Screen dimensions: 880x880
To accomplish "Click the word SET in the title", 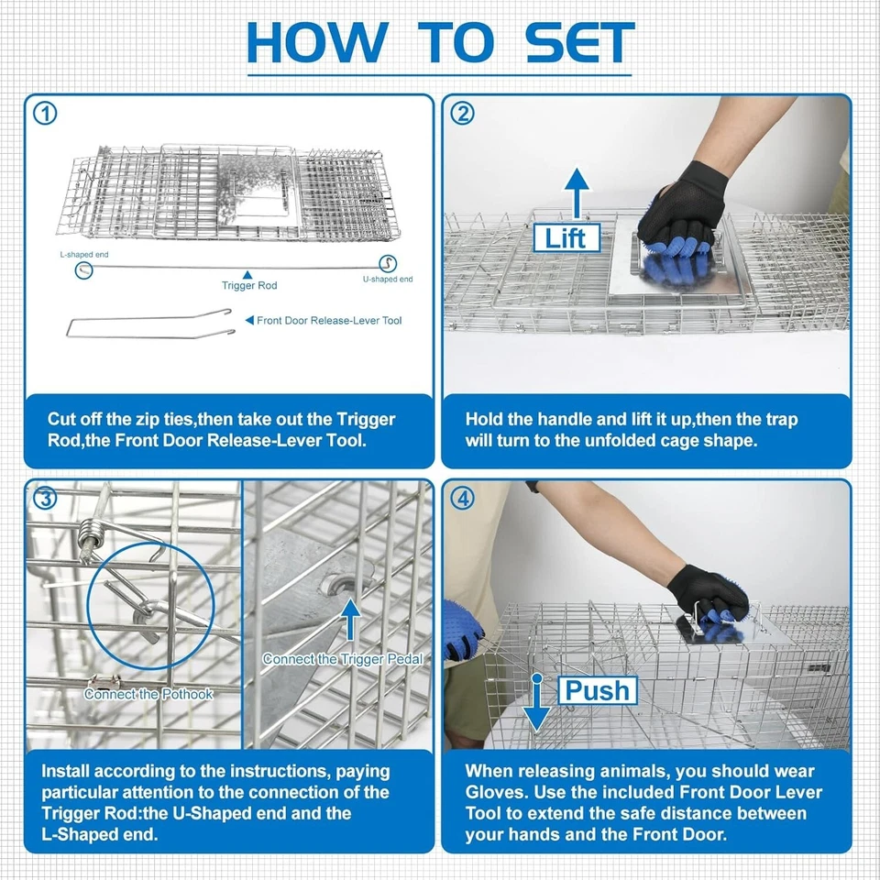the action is (x=579, y=43).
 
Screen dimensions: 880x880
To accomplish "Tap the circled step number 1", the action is (x=46, y=114).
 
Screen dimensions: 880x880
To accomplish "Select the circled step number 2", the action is (x=462, y=114).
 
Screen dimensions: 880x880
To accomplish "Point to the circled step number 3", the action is (x=46, y=499).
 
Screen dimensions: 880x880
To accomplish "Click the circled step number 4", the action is (x=462, y=499).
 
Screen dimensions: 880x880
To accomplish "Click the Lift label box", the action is (x=566, y=238).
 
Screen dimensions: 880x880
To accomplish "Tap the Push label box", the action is (x=598, y=690).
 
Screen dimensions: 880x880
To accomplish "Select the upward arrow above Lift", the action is (x=577, y=193).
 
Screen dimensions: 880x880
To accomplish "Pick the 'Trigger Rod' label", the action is (x=249, y=285).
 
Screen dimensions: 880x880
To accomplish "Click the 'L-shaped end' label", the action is (x=84, y=254).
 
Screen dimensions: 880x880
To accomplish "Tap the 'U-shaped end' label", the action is (x=388, y=279).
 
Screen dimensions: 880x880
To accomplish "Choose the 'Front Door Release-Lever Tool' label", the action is (x=329, y=321).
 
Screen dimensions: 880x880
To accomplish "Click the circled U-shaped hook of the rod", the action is (x=387, y=263).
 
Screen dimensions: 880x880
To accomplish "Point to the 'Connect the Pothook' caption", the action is (x=148, y=694).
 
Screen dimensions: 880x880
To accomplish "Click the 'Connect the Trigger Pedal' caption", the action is (x=342, y=659).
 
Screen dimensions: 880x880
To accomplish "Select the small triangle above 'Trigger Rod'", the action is (x=247, y=275).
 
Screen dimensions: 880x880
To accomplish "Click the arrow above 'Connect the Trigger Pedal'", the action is (x=351, y=619).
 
